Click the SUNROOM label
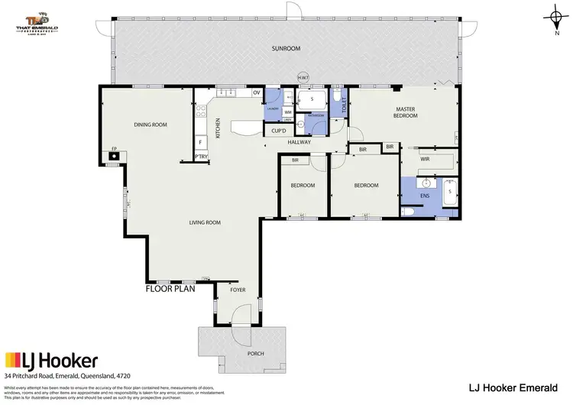point(286,48)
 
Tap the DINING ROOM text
point(151,125)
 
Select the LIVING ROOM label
point(205,222)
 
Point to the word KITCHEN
point(218,126)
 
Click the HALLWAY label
point(299,142)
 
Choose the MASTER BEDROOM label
point(405,113)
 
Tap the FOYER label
point(238,290)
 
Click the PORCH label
point(244,354)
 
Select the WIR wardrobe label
point(424,160)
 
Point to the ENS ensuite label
point(425,196)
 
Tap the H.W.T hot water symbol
point(303,78)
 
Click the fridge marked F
point(200,142)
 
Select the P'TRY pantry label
point(202,157)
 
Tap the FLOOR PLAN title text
point(170,290)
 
